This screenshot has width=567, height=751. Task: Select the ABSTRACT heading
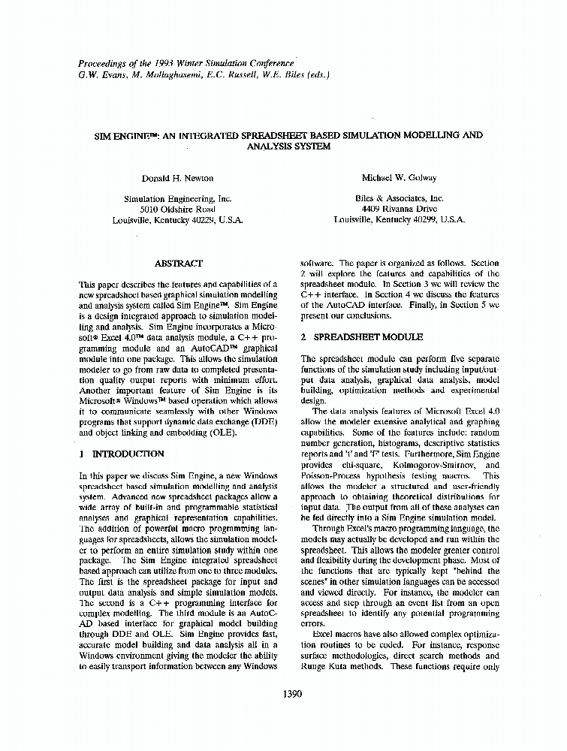click(178, 264)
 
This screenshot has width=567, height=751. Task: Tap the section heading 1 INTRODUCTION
click(121, 454)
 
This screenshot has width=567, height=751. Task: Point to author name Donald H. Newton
click(177, 178)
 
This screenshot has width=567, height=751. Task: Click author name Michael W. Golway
click(399, 178)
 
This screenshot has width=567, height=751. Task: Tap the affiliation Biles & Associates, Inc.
click(399, 199)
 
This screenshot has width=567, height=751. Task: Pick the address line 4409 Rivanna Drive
click(399, 210)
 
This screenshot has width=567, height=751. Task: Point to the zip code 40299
click(423, 220)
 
